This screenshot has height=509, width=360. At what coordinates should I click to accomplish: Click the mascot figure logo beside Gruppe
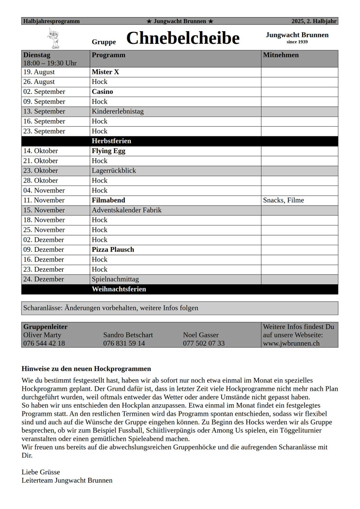[x=53, y=38]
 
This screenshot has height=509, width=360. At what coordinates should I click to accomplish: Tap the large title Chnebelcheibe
[x=183, y=38]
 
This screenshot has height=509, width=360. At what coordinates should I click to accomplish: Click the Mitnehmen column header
[x=281, y=55]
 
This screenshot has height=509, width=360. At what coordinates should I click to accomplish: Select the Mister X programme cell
[x=105, y=72]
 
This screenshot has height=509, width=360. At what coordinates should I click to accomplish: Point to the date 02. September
[x=44, y=92]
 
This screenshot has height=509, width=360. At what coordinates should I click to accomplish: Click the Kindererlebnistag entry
[x=118, y=111]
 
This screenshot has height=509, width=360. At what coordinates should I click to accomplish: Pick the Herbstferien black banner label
[x=112, y=141]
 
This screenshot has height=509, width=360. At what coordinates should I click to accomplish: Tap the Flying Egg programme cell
[x=108, y=151]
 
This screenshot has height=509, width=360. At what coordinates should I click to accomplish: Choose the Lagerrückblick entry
[x=114, y=171]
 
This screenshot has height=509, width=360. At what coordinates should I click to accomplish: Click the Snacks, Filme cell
[x=284, y=201]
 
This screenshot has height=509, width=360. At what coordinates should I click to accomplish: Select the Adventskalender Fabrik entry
[x=126, y=210]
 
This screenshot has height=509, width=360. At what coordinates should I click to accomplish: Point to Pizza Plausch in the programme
[x=113, y=250]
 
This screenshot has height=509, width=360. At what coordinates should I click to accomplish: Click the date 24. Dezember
[x=43, y=279]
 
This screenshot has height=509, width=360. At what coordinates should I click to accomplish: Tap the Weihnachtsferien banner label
[x=119, y=290]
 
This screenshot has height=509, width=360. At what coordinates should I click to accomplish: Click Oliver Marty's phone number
[x=44, y=343]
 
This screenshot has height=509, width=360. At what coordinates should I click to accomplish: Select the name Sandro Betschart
[x=128, y=335]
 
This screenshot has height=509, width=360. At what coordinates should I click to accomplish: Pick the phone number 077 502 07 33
[x=204, y=343]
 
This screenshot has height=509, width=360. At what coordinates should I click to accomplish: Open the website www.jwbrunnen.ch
[x=291, y=343]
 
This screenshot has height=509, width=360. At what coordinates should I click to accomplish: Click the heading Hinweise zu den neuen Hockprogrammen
[x=86, y=369]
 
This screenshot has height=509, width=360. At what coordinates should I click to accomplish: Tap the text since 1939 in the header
[x=297, y=42]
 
